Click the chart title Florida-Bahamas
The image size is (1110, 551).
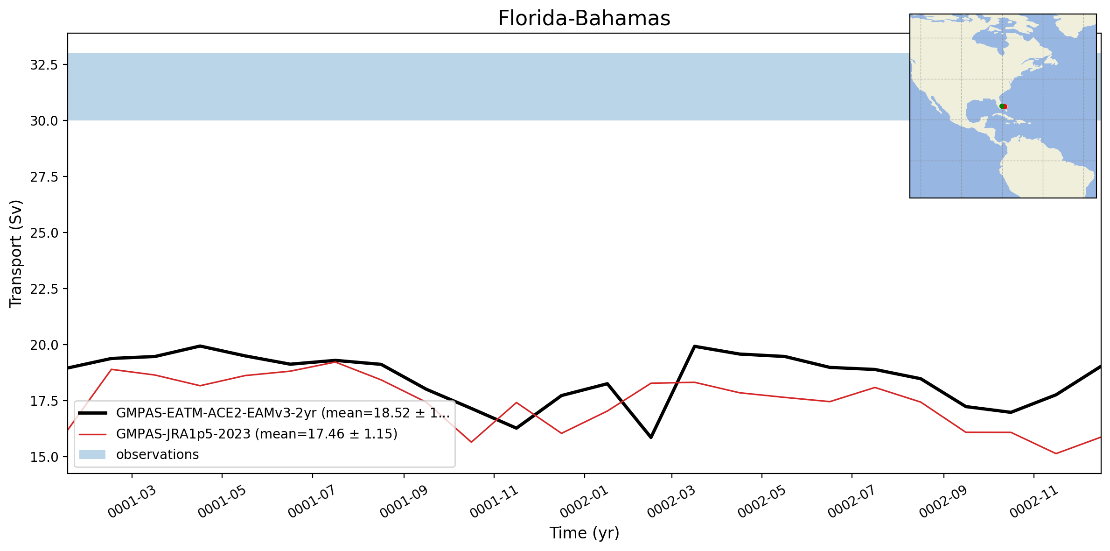[x=584, y=19]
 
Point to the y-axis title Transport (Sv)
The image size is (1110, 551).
[x=16, y=254]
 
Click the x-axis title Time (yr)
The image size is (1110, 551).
[x=584, y=533]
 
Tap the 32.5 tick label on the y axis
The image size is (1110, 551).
[x=44, y=65]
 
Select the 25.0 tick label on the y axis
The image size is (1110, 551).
[x=44, y=233]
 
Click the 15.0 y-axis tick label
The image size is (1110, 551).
[x=44, y=457]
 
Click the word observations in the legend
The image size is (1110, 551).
[x=157, y=454]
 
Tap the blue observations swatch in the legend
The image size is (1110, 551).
[x=92, y=455]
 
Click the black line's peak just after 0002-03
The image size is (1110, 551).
[x=695, y=346]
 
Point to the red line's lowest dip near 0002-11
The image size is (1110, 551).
[x=1056, y=453]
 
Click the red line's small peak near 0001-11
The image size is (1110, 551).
[x=516, y=403]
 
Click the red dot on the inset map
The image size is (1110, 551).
[x=1005, y=107]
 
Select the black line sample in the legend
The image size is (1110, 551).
[x=92, y=413]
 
